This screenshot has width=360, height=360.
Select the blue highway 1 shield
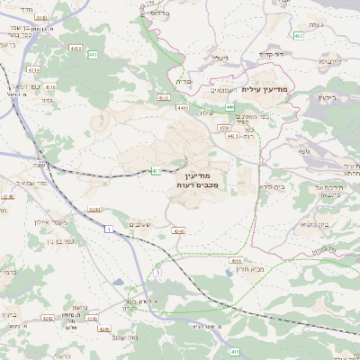109,230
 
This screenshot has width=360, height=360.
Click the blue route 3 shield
157,271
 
